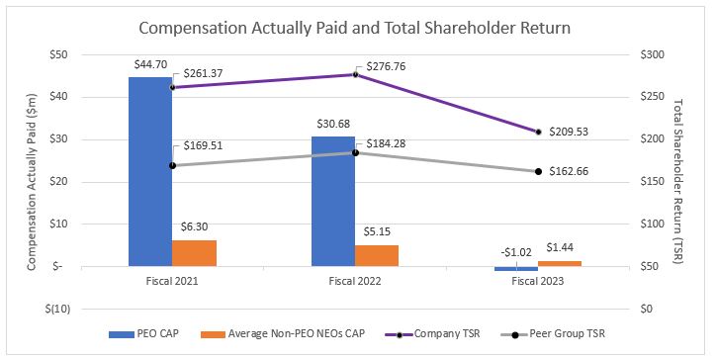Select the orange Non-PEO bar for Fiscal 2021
(194, 253)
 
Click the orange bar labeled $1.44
(561, 263)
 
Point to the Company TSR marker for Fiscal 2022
(356, 74)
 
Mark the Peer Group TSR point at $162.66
(539, 171)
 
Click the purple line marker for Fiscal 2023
(539, 132)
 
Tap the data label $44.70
(149, 64)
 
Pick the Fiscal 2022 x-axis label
(356, 281)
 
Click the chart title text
(356, 28)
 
